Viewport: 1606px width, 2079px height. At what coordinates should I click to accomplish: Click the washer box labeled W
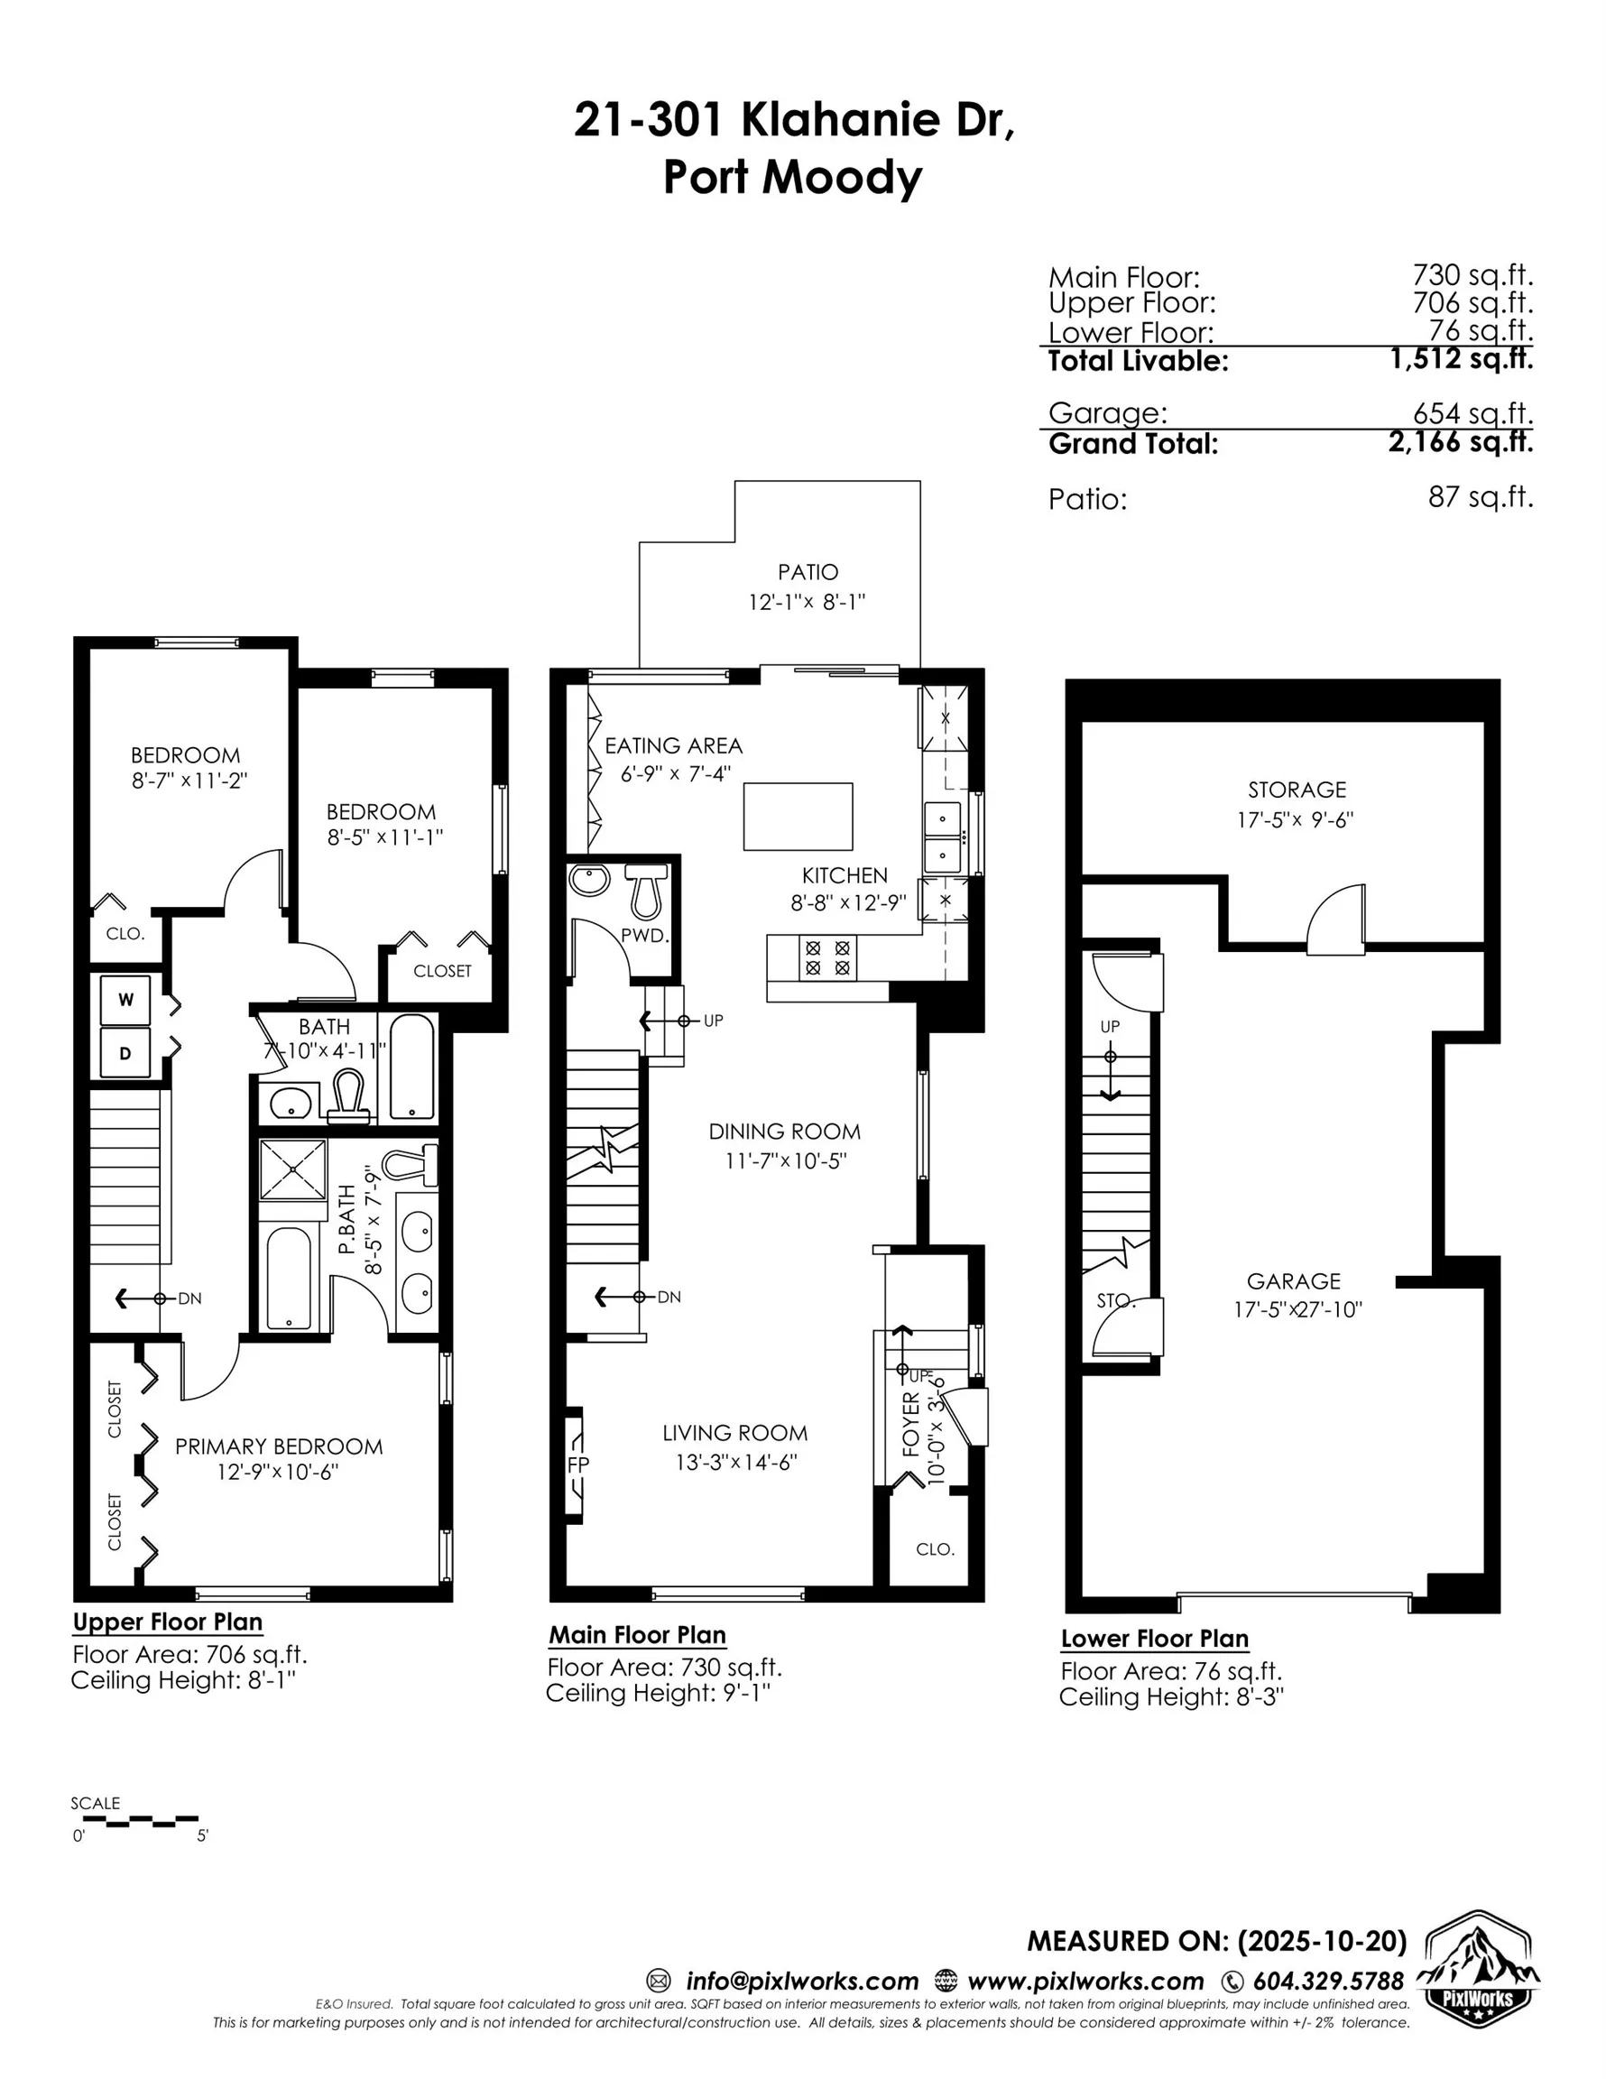tap(125, 1000)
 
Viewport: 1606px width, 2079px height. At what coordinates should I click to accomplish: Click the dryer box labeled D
tap(125, 1053)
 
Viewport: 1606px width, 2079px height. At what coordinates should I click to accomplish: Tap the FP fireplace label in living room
tap(577, 1465)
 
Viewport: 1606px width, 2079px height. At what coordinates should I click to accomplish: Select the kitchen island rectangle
tap(798, 816)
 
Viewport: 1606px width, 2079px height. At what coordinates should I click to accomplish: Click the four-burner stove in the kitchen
tap(827, 956)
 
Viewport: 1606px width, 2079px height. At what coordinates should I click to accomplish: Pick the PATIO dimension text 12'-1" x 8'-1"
tap(807, 602)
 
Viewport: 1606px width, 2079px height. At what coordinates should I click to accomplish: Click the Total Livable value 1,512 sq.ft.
tap(1461, 359)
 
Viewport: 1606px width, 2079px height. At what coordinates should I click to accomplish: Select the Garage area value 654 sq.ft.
tap(1472, 413)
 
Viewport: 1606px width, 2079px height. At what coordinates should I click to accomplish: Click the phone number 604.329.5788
tap(1327, 1981)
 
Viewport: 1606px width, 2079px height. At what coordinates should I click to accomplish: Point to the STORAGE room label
tap(1297, 790)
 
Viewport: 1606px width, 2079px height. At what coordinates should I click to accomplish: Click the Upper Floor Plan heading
tap(168, 1622)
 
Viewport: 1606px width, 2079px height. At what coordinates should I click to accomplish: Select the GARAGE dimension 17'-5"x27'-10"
tap(1297, 1310)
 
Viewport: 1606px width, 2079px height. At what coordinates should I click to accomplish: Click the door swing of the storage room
tap(1335, 919)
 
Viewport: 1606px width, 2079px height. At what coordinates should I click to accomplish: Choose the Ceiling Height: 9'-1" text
tap(657, 1694)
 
